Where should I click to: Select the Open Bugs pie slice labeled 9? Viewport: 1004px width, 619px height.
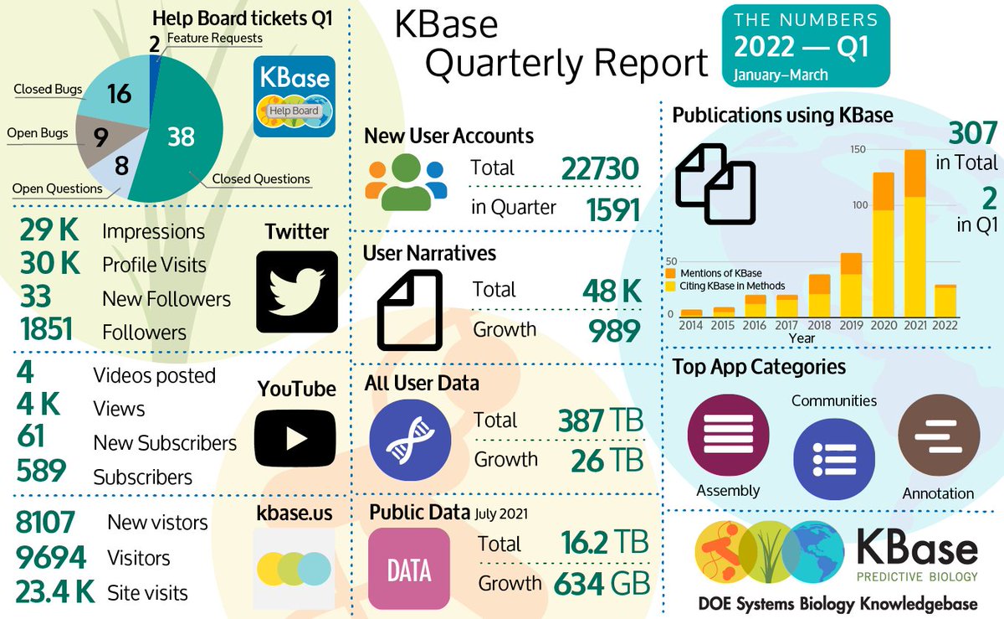point(100,136)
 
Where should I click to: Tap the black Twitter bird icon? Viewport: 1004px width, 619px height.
point(295,291)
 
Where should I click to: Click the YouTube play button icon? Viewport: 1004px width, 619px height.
point(295,436)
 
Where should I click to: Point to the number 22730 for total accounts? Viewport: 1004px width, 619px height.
point(601,168)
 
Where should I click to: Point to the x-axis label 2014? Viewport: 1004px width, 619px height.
point(691,324)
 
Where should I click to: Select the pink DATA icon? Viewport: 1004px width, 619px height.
point(409,568)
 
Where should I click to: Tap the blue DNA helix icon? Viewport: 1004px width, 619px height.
point(409,439)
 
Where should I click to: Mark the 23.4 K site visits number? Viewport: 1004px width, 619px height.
point(55,592)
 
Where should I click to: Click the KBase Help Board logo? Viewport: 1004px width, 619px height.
point(295,95)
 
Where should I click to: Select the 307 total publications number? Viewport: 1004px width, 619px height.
point(972,134)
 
